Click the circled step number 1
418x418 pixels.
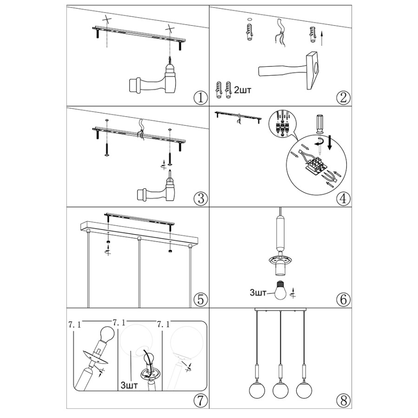[x=201, y=98]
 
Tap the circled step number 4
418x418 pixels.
[x=343, y=198]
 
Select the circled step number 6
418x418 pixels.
[x=343, y=299]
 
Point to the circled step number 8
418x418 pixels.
[x=343, y=400]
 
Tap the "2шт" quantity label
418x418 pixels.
[x=242, y=91]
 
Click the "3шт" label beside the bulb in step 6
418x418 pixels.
[x=258, y=293]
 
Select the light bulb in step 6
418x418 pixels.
[x=280, y=290]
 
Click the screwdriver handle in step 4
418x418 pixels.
[x=320, y=124]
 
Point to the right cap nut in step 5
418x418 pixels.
[x=170, y=251]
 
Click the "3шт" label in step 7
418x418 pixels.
[x=129, y=385]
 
